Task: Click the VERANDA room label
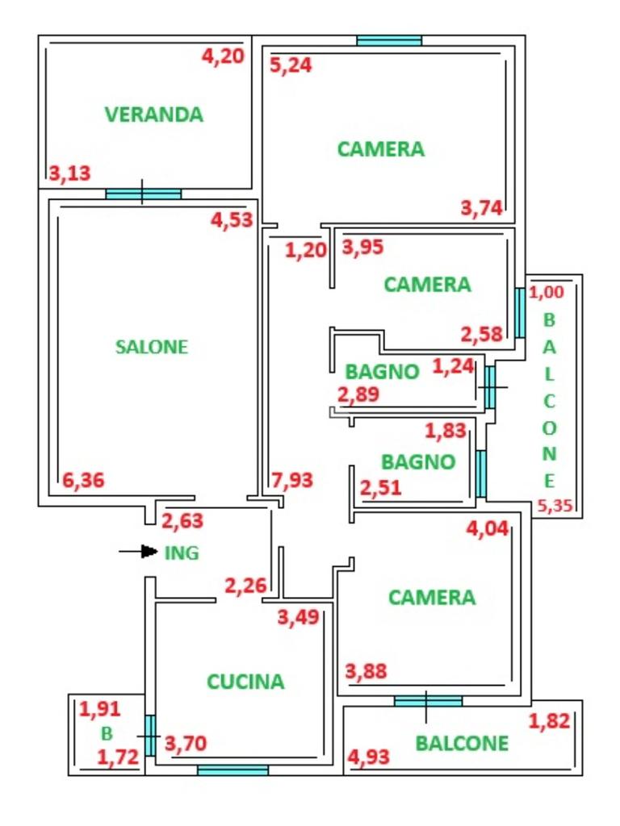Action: coord(154,115)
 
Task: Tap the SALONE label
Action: coord(152,347)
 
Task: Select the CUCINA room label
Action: coord(245,682)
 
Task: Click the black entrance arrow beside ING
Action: coord(139,552)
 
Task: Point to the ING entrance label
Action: coord(182,553)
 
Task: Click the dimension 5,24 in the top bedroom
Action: coord(291,65)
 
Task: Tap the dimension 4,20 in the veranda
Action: coord(223,56)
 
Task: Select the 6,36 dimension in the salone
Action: coord(83,480)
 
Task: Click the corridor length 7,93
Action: coord(292,480)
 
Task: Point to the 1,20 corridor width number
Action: coord(306,250)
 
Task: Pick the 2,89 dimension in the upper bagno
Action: coord(358,394)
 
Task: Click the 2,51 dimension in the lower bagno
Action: coord(381,487)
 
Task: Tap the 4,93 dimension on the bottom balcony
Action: coord(368,757)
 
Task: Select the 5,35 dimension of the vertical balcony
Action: coord(555,506)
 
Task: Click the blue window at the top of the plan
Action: coord(389,40)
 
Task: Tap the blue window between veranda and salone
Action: coord(144,194)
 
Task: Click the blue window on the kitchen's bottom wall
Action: coord(232,770)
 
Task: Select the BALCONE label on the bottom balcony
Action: coord(462,743)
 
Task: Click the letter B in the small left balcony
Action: coord(107,733)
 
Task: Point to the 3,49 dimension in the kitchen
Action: coord(299,617)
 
